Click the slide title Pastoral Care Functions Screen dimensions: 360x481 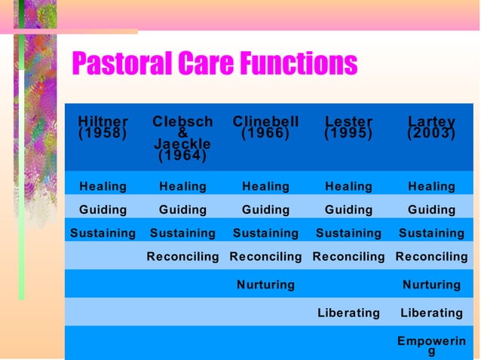pyautogui.click(x=214, y=65)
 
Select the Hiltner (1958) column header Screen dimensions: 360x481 pyautogui.click(x=103, y=127)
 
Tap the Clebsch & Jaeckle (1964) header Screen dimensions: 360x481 pyautogui.click(x=182, y=139)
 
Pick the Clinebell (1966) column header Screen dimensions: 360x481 pyautogui.click(x=265, y=127)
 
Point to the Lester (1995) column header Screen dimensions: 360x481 pyautogui.click(x=348, y=127)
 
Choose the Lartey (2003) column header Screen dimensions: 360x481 pyautogui.click(x=431, y=127)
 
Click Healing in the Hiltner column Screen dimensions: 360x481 pyautogui.click(x=103, y=186)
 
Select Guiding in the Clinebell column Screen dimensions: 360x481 pyautogui.click(x=265, y=209)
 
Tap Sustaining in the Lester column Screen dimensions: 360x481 pyautogui.click(x=348, y=233)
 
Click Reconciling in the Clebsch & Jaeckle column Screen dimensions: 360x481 pyautogui.click(x=182, y=257)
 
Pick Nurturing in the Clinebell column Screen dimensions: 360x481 pyautogui.click(x=265, y=285)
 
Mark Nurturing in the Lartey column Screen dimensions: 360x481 pyautogui.click(x=431, y=285)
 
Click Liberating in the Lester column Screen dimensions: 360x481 pyautogui.click(x=348, y=313)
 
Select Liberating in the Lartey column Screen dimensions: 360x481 pyautogui.click(x=431, y=313)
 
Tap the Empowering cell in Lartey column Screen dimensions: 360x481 pyautogui.click(x=431, y=345)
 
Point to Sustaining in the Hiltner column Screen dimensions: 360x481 pyautogui.click(x=103, y=233)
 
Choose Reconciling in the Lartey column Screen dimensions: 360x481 pyautogui.click(x=431, y=257)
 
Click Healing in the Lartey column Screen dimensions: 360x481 pyautogui.click(x=431, y=186)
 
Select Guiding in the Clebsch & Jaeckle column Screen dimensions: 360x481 pyautogui.click(x=182, y=209)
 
